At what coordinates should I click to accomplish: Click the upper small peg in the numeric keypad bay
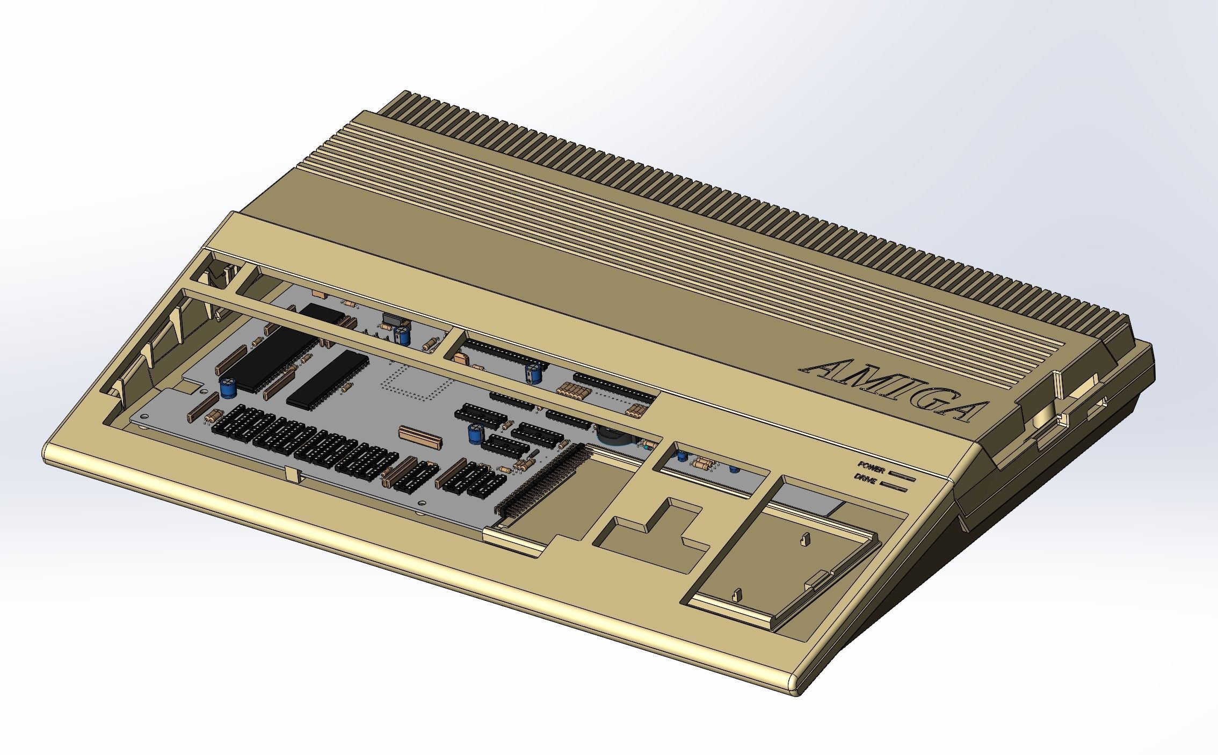804,540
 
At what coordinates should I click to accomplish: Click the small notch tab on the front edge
293,474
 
